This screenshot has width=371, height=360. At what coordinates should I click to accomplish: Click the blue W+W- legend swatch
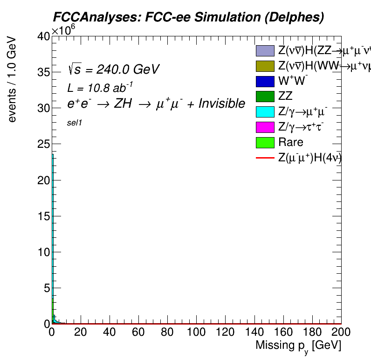pyautogui.click(x=265, y=81)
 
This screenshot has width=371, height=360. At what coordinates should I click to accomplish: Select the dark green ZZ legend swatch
pyautogui.click(x=265, y=97)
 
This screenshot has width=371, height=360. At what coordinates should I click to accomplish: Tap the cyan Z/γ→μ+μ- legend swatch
pyautogui.click(x=265, y=111)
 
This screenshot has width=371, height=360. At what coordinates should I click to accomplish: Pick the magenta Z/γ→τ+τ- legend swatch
pyautogui.click(x=265, y=127)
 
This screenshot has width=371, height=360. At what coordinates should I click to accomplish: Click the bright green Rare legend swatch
pyautogui.click(x=265, y=142)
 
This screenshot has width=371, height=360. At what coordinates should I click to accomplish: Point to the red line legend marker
pyautogui.click(x=265, y=158)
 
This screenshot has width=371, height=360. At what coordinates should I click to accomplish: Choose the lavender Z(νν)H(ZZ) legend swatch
pyautogui.click(x=265, y=50)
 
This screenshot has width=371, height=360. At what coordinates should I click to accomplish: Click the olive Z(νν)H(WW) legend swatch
pyautogui.click(x=265, y=66)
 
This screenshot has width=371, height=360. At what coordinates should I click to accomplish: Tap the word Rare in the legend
pyautogui.click(x=290, y=142)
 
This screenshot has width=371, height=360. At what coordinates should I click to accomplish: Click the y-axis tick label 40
pyautogui.click(x=43, y=37)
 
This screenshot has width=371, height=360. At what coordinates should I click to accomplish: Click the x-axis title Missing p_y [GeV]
pyautogui.click(x=298, y=346)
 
